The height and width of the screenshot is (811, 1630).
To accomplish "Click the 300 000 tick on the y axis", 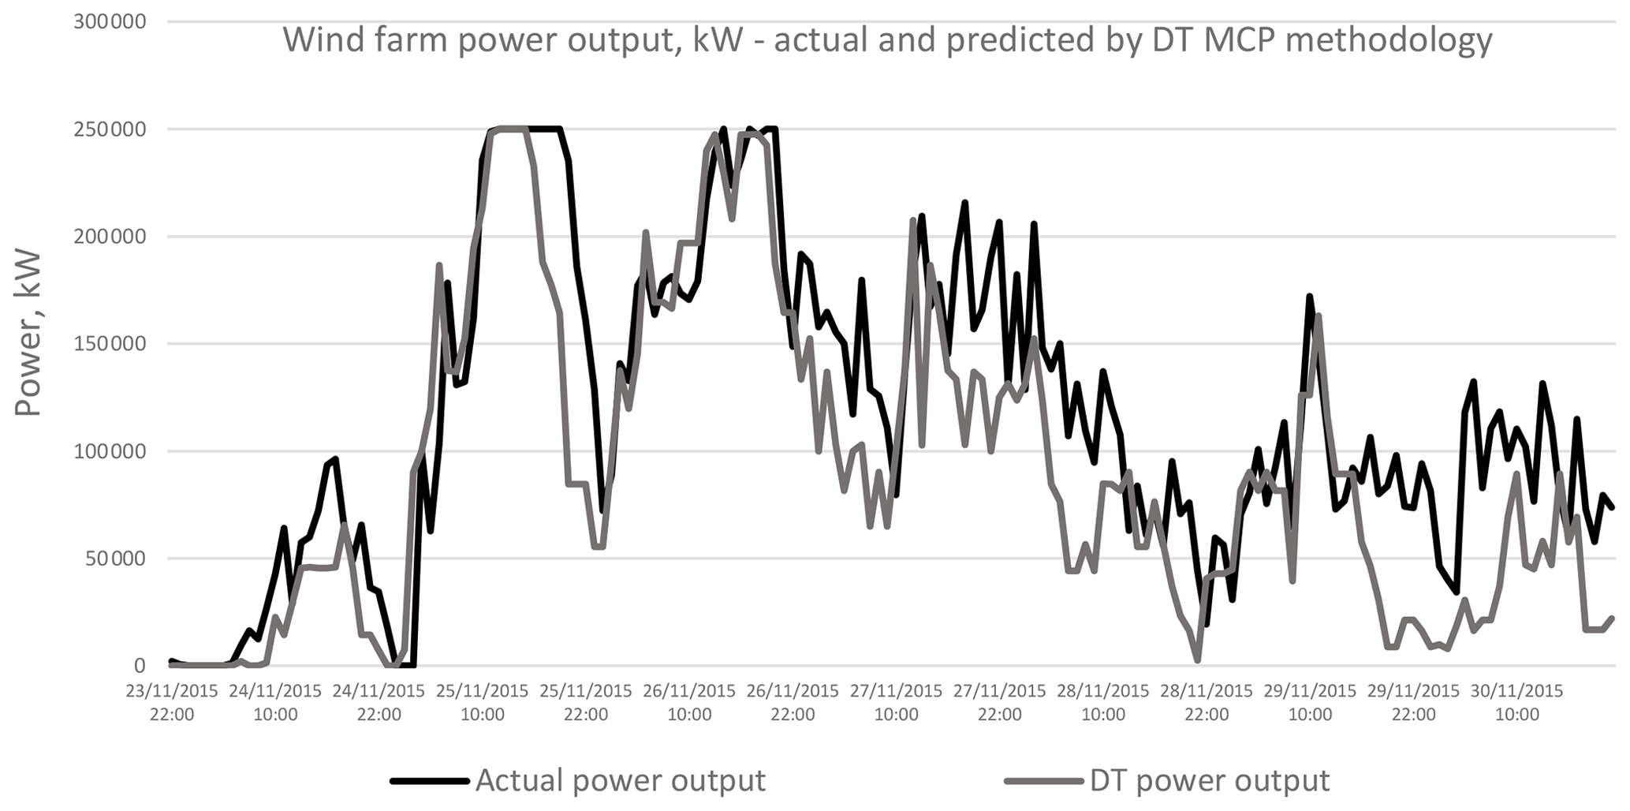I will click(110, 21).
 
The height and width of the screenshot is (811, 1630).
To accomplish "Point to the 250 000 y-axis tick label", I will click(110, 129).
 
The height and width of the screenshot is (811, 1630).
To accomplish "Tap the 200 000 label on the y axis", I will click(110, 236).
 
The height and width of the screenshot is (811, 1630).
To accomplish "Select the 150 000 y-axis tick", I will click(110, 343).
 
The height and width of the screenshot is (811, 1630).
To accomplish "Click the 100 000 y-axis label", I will click(110, 451).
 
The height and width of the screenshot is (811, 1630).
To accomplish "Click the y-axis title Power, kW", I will click(28, 332).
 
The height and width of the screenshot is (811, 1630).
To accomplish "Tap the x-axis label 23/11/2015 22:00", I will click(172, 703).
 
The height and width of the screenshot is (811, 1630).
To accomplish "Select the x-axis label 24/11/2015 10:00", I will click(275, 703).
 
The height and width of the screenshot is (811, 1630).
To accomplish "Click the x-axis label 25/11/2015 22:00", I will click(586, 703).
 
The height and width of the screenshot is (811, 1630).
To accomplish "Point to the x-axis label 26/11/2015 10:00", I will click(689, 703).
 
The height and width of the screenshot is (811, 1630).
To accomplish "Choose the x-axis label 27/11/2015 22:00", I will click(1000, 703).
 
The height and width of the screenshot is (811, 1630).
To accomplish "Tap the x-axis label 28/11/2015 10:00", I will click(1103, 703).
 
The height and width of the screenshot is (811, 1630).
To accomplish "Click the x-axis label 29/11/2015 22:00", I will click(1413, 703).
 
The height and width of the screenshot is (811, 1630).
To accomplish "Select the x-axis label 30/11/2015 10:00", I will click(1517, 703).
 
